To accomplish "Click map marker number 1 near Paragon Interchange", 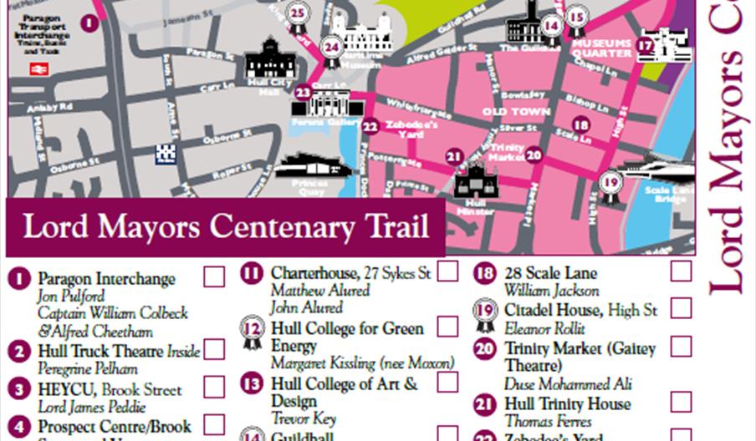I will [90, 23].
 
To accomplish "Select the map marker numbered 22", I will [370, 126].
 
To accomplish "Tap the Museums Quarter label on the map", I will [600, 48].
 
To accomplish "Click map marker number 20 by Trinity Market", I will [534, 155].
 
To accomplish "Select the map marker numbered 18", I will [580, 125].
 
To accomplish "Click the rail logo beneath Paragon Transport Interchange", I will [38, 69].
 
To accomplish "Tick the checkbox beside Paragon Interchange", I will [214, 276].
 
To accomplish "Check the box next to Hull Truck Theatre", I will [214, 349].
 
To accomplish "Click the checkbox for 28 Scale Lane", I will [682, 271].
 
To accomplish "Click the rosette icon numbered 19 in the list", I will [485, 313].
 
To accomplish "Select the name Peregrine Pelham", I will [87, 368].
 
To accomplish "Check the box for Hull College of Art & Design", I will [448, 382].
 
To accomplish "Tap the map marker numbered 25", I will [297, 13].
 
